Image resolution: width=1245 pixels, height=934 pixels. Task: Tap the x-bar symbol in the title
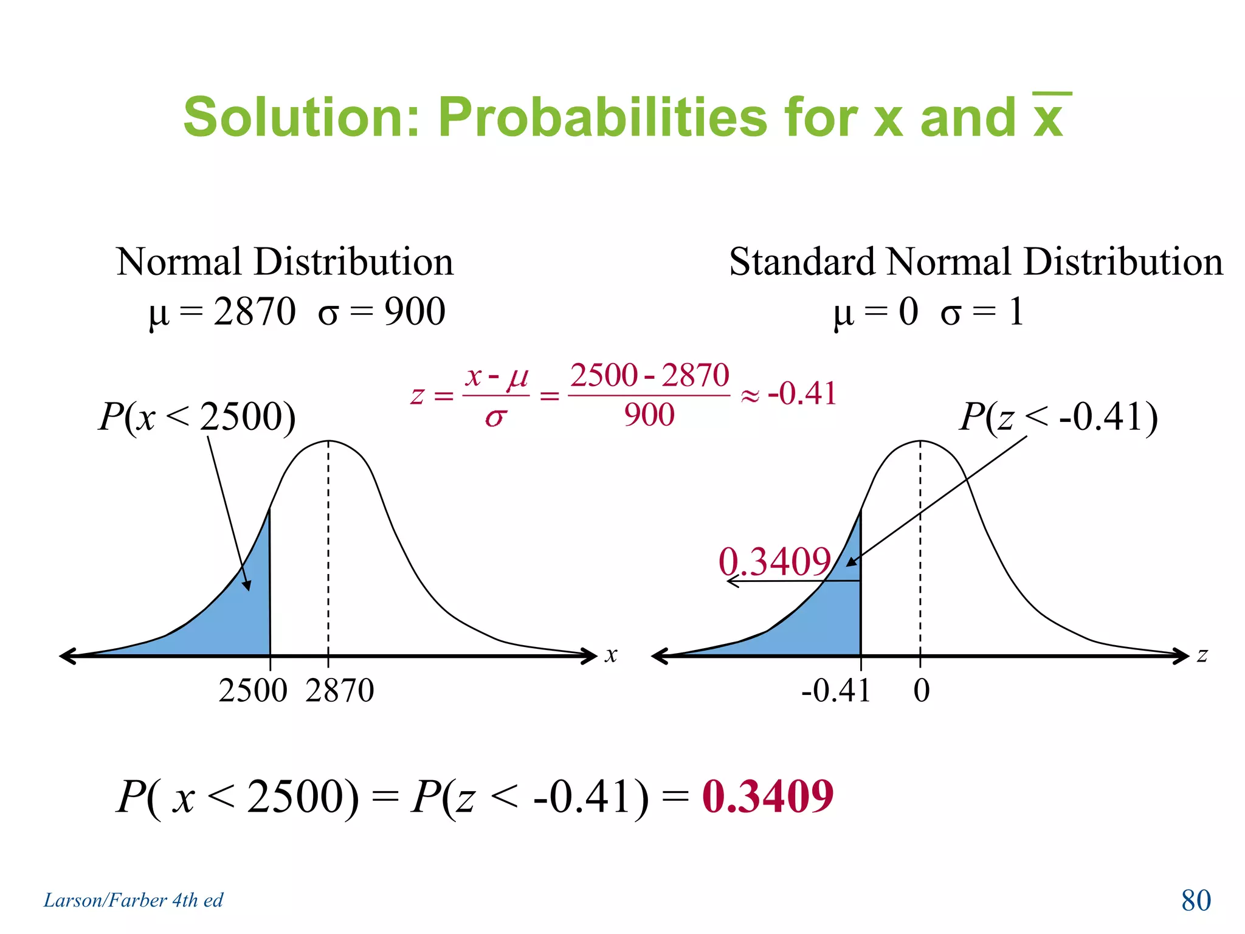coord(1050,116)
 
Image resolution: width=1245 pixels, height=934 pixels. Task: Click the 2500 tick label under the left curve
coord(252,691)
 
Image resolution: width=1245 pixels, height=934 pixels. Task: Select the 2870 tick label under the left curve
coord(340,691)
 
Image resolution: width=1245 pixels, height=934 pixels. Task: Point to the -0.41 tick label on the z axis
coord(836,691)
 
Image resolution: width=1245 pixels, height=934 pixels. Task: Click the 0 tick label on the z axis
coord(922,691)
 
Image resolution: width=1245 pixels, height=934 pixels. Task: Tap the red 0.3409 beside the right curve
coord(774,561)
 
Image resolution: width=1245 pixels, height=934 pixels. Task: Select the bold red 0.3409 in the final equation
coord(767,797)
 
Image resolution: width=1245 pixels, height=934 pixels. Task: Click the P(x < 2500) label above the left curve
coord(197,417)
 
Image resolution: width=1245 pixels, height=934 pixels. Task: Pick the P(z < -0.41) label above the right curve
coord(1058,417)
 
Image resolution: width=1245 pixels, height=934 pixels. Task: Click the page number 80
coord(1196,901)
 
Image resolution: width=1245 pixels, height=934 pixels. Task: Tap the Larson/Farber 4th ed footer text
coord(133,901)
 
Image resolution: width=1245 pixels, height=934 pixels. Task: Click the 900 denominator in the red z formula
coord(649,415)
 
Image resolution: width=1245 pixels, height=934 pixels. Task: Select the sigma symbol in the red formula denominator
coord(495,417)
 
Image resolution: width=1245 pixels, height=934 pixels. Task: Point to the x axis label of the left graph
coord(611,655)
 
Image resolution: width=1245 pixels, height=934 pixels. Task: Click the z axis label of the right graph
coord(1202,655)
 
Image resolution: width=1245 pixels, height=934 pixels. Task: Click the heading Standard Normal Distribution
coord(976,262)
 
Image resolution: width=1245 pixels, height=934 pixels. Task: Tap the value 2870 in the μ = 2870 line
coord(255,312)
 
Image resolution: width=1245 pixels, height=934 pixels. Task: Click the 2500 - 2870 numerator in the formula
coord(649,375)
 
